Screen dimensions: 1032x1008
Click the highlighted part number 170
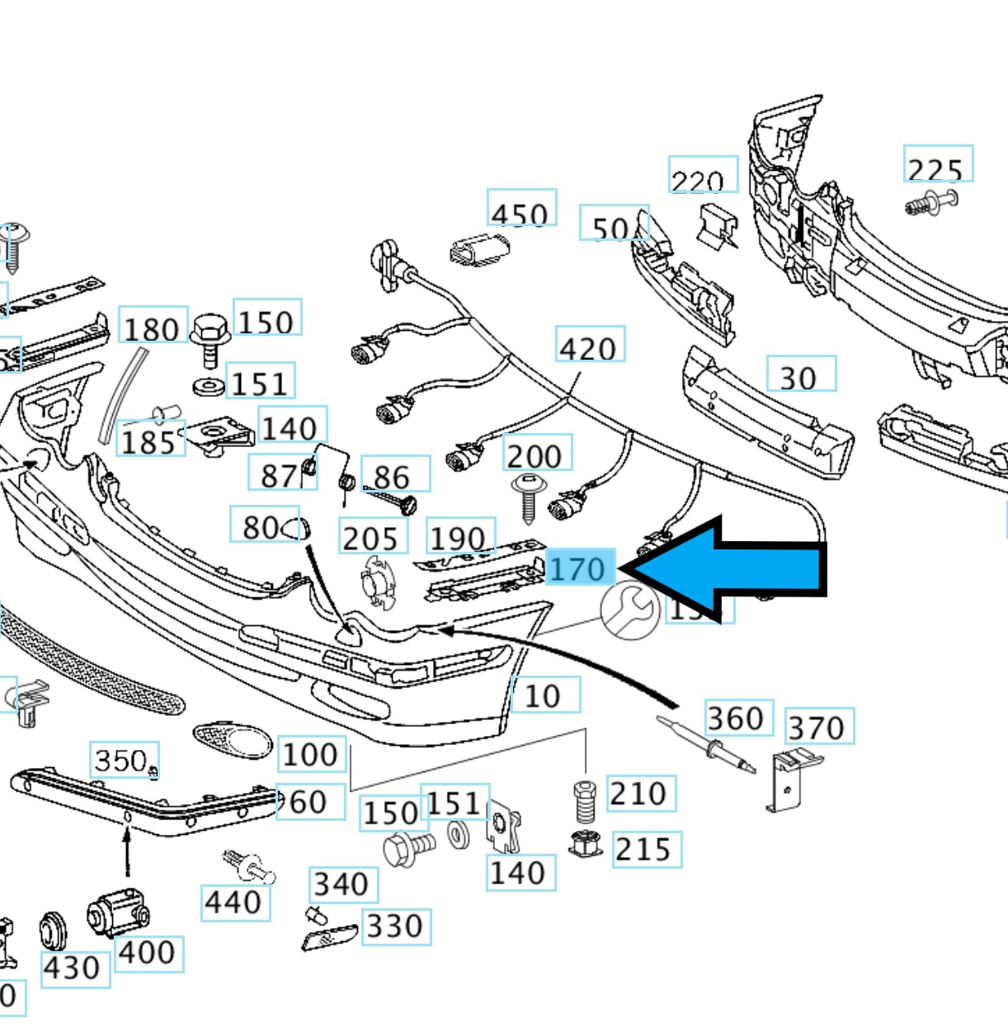[x=580, y=568]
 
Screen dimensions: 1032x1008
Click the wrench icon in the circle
[x=630, y=610]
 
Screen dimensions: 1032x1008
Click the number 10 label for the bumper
[x=544, y=695]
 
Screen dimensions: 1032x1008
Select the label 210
[x=640, y=793]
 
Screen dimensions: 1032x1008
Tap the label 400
[x=148, y=953]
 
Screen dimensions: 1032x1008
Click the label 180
[x=153, y=328]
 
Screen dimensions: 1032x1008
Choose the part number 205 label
[x=372, y=538]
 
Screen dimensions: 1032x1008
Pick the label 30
[x=799, y=375]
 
